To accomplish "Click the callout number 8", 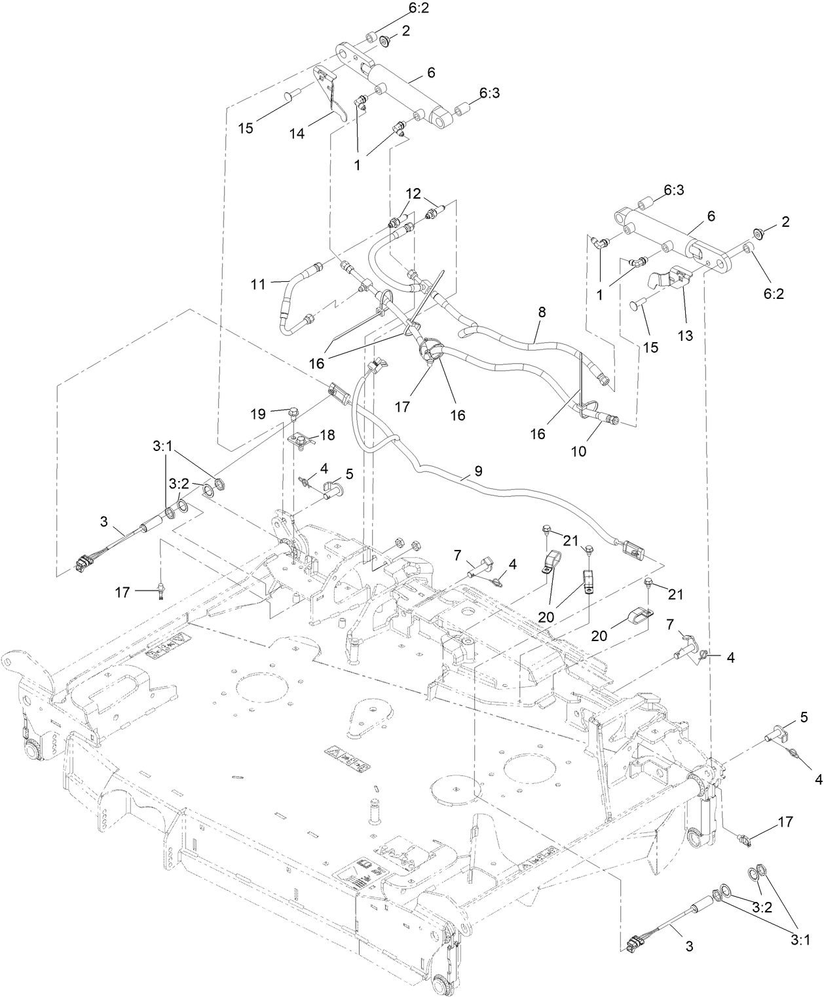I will [x=541, y=313].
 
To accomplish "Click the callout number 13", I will [x=684, y=336].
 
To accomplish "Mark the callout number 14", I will [x=297, y=133].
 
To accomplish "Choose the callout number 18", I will [x=327, y=435].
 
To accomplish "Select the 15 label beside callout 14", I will [x=245, y=128].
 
